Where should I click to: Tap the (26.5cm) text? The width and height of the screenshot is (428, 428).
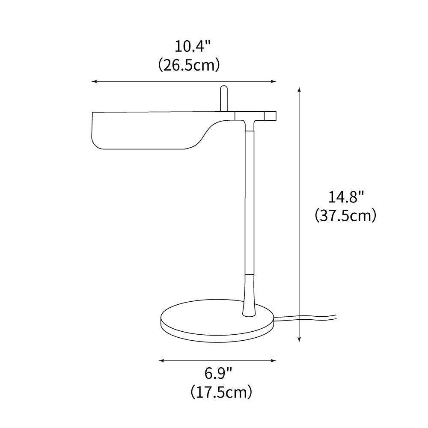(x=189, y=65)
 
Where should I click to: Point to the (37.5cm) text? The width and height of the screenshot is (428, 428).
(x=346, y=215)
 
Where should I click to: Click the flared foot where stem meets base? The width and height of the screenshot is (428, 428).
(x=249, y=300)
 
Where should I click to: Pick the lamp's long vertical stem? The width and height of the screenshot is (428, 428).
(x=249, y=201)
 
